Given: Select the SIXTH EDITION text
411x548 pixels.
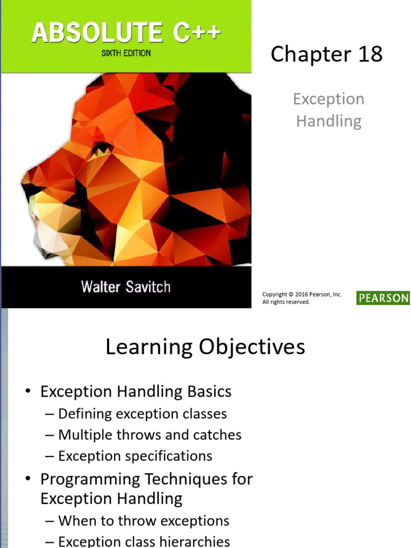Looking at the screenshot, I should pyautogui.click(x=126, y=54).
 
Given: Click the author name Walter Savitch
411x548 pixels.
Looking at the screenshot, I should pyautogui.click(x=126, y=287).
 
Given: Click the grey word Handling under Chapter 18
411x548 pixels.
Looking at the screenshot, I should pyautogui.click(x=329, y=121).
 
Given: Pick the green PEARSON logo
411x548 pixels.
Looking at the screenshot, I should pyautogui.click(x=383, y=298).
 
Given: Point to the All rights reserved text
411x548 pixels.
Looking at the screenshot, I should pyautogui.click(x=286, y=302).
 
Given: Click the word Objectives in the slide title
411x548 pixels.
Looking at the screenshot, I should pyautogui.click(x=252, y=347).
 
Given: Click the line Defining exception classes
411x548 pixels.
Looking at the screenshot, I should pyautogui.click(x=142, y=414).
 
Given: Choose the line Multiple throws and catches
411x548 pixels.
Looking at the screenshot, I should pyautogui.click(x=150, y=435).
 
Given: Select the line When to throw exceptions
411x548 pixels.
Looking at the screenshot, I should pyautogui.click(x=143, y=521).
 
